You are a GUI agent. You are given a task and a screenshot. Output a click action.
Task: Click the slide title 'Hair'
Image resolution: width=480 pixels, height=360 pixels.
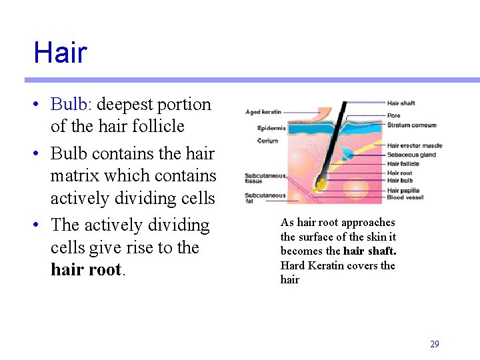point(60,53)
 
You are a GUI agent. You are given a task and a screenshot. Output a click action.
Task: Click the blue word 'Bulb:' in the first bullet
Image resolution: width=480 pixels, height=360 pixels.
point(71,105)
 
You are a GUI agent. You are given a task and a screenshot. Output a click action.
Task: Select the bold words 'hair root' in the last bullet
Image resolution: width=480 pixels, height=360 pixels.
point(87,270)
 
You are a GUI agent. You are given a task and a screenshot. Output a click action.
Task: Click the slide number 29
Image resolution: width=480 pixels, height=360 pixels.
point(434,345)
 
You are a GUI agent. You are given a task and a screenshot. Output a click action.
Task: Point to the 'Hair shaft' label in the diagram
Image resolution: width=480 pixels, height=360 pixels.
point(401,103)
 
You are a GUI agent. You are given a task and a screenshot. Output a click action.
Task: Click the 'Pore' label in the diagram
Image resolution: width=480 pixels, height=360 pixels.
point(393,115)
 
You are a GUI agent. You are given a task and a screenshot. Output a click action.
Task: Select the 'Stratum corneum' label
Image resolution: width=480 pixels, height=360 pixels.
point(411,125)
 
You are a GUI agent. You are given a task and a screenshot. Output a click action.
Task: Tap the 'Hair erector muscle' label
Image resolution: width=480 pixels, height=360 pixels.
point(414,146)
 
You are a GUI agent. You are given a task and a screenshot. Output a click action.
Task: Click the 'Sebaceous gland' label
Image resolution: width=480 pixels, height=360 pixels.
point(411,155)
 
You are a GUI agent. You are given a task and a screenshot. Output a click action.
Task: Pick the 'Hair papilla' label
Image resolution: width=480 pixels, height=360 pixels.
point(403,190)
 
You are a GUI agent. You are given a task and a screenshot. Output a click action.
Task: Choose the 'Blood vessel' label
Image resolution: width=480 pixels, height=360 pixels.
point(405,197)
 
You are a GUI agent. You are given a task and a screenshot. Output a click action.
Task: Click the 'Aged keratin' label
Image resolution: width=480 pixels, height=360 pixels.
point(263,112)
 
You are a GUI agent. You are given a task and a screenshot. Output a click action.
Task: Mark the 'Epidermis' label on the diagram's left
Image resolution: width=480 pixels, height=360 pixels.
point(271,128)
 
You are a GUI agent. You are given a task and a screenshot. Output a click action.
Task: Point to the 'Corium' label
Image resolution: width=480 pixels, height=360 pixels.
point(267,141)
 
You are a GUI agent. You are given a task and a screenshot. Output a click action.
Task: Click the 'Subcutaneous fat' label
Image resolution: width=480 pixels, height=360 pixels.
point(265,198)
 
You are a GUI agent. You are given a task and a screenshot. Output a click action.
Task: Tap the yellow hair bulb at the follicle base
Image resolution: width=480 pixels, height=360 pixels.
point(322,182)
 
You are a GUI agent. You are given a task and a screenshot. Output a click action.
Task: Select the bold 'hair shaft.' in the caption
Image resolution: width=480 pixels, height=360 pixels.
point(370,251)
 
